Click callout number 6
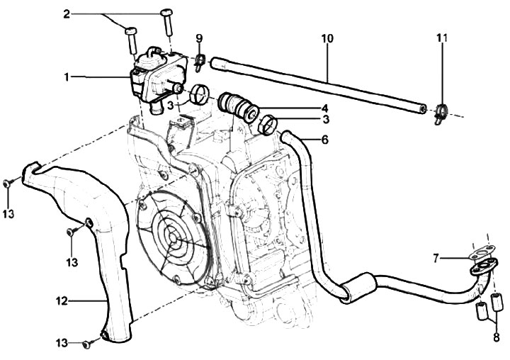coord(324,140)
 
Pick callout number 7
coord(438,258)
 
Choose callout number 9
coord(199,37)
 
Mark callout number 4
coord(324,108)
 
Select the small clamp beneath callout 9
coord(200,60)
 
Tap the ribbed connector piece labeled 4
coord(238,106)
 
